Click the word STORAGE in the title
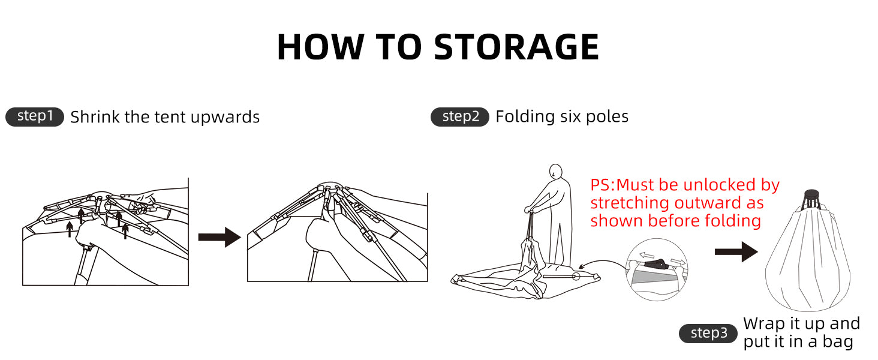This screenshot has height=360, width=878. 516,47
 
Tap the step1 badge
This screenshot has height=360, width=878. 35,116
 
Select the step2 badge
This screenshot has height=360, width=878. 460,116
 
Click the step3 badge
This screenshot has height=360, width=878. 708,334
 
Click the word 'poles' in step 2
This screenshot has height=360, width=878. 607,117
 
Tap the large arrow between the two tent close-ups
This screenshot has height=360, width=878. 220,237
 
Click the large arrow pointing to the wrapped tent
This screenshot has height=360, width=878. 736,251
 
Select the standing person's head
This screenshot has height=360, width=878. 555,172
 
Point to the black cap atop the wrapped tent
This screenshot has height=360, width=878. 811,194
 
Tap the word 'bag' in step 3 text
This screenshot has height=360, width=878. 838,341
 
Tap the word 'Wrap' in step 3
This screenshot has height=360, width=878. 764,325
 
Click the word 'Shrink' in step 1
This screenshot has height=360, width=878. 95,117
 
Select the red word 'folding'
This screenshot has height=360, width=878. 732,221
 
